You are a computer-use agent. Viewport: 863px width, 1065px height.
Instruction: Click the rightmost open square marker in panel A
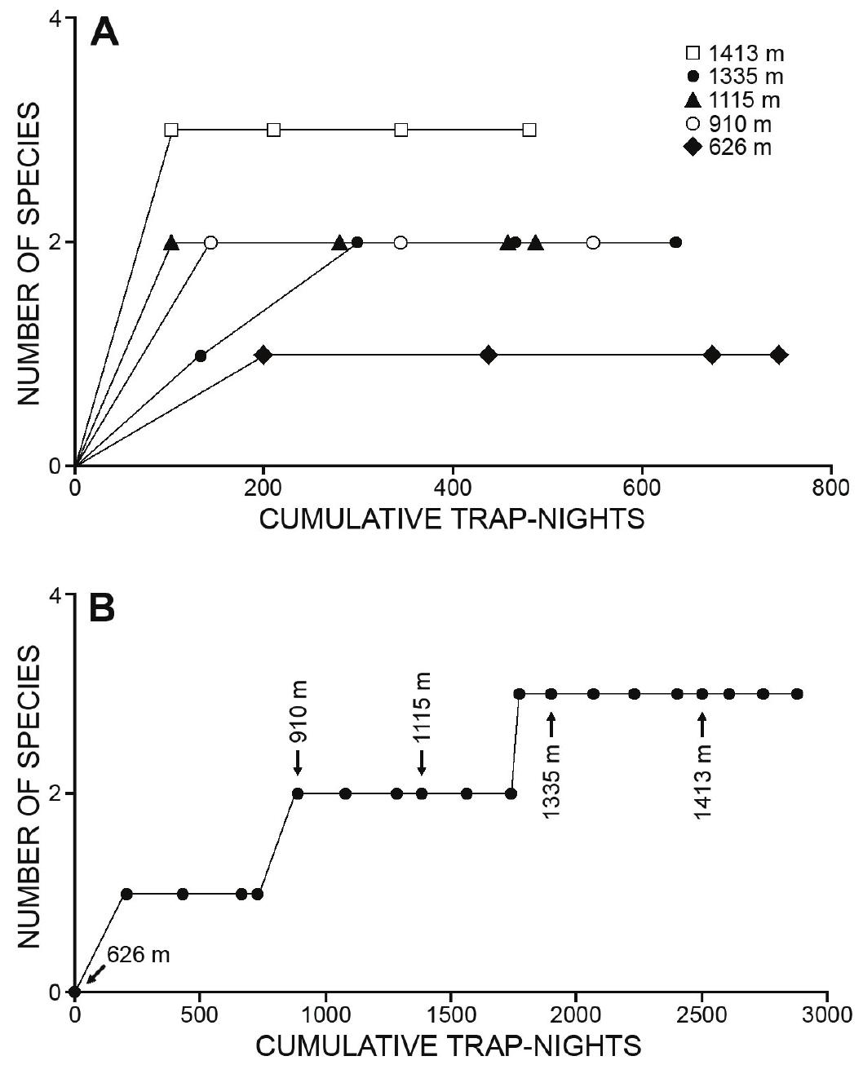tap(529, 130)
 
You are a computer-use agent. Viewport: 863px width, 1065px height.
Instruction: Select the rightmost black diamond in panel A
tap(779, 355)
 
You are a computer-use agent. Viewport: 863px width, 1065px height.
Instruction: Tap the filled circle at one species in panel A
tap(201, 356)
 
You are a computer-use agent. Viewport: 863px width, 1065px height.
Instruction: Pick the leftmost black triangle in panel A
tap(171, 242)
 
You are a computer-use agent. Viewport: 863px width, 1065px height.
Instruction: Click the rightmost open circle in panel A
tap(593, 242)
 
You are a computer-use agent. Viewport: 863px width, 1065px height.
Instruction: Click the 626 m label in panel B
tap(138, 954)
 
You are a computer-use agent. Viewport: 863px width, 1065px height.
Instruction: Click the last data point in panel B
tap(797, 694)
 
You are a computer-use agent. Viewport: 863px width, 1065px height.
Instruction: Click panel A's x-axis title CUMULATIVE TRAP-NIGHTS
tap(451, 519)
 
